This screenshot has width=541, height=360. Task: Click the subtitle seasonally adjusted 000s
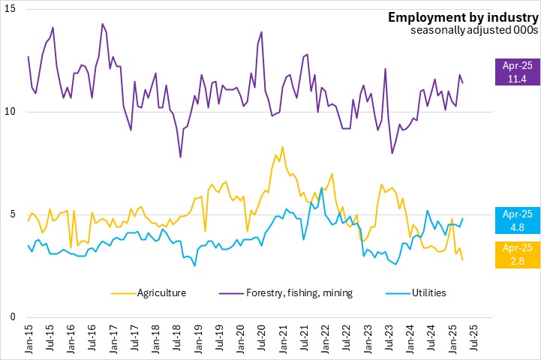[473, 31]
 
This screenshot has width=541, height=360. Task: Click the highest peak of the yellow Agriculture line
[282, 146]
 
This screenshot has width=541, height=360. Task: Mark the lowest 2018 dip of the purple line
[181, 157]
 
